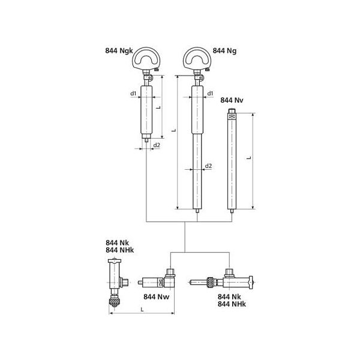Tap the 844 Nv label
tap(232, 100)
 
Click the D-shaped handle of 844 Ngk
tap(146, 59)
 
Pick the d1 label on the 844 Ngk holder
tap(133, 93)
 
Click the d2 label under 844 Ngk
tap(157, 146)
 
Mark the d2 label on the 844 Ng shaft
tap(208, 165)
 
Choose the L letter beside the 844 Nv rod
tap(248, 157)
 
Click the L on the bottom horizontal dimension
tap(142, 308)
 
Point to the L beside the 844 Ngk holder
tap(157, 107)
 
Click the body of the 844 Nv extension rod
tap(232, 162)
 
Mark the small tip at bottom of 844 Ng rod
tap(196, 211)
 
